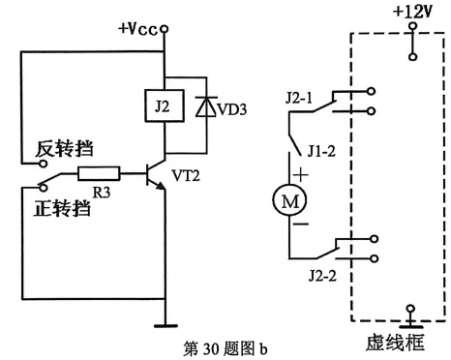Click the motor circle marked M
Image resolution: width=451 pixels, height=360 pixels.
[288, 202]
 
